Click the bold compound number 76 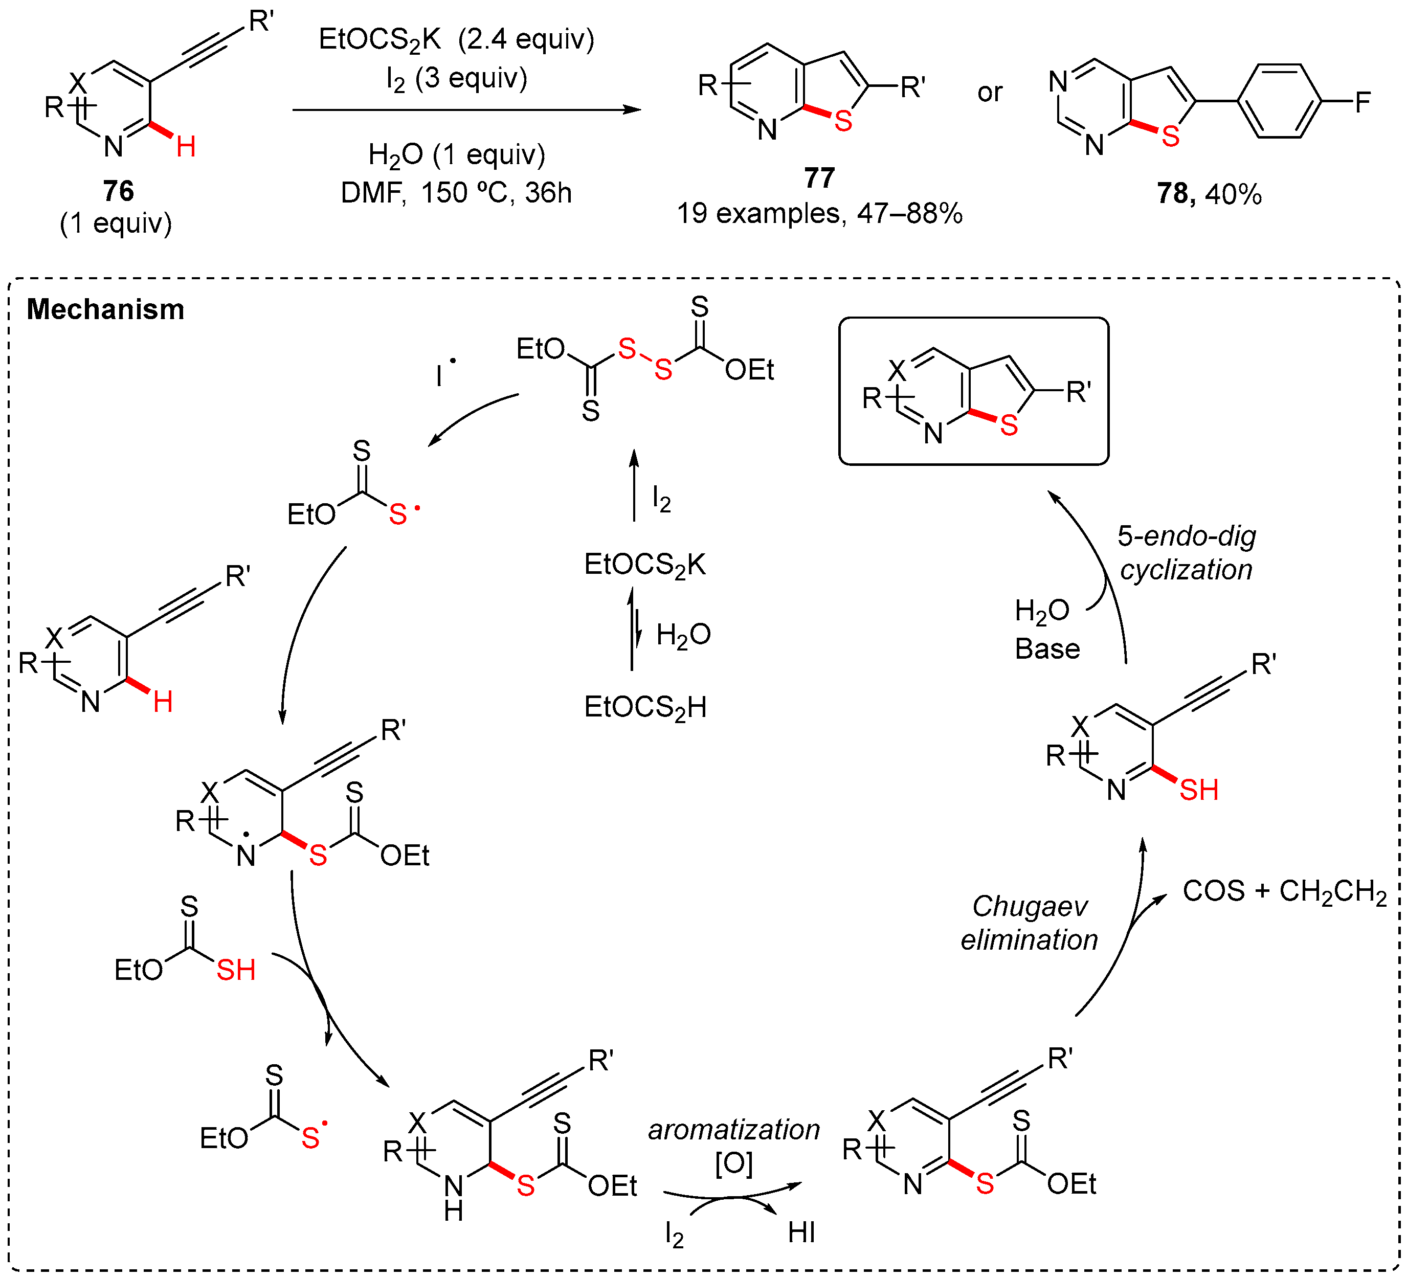pyautogui.click(x=118, y=191)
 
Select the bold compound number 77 pyautogui.click(x=819, y=178)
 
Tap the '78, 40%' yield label pyautogui.click(x=1209, y=194)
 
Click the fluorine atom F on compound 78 pyautogui.click(x=1363, y=103)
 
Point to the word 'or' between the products pyautogui.click(x=990, y=92)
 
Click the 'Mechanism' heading pyautogui.click(x=105, y=309)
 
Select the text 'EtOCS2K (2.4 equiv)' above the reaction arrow pyautogui.click(x=456, y=40)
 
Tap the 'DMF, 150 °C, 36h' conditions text pyautogui.click(x=456, y=193)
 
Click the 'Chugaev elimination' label pyautogui.click(x=1030, y=923)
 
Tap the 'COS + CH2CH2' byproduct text pyautogui.click(x=1284, y=891)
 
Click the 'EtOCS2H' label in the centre pyautogui.click(x=645, y=708)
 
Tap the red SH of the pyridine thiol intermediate pyautogui.click(x=1198, y=790)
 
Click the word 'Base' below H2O pyautogui.click(x=1047, y=649)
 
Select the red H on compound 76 pyautogui.click(x=186, y=147)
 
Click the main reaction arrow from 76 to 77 pyautogui.click(x=466, y=109)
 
